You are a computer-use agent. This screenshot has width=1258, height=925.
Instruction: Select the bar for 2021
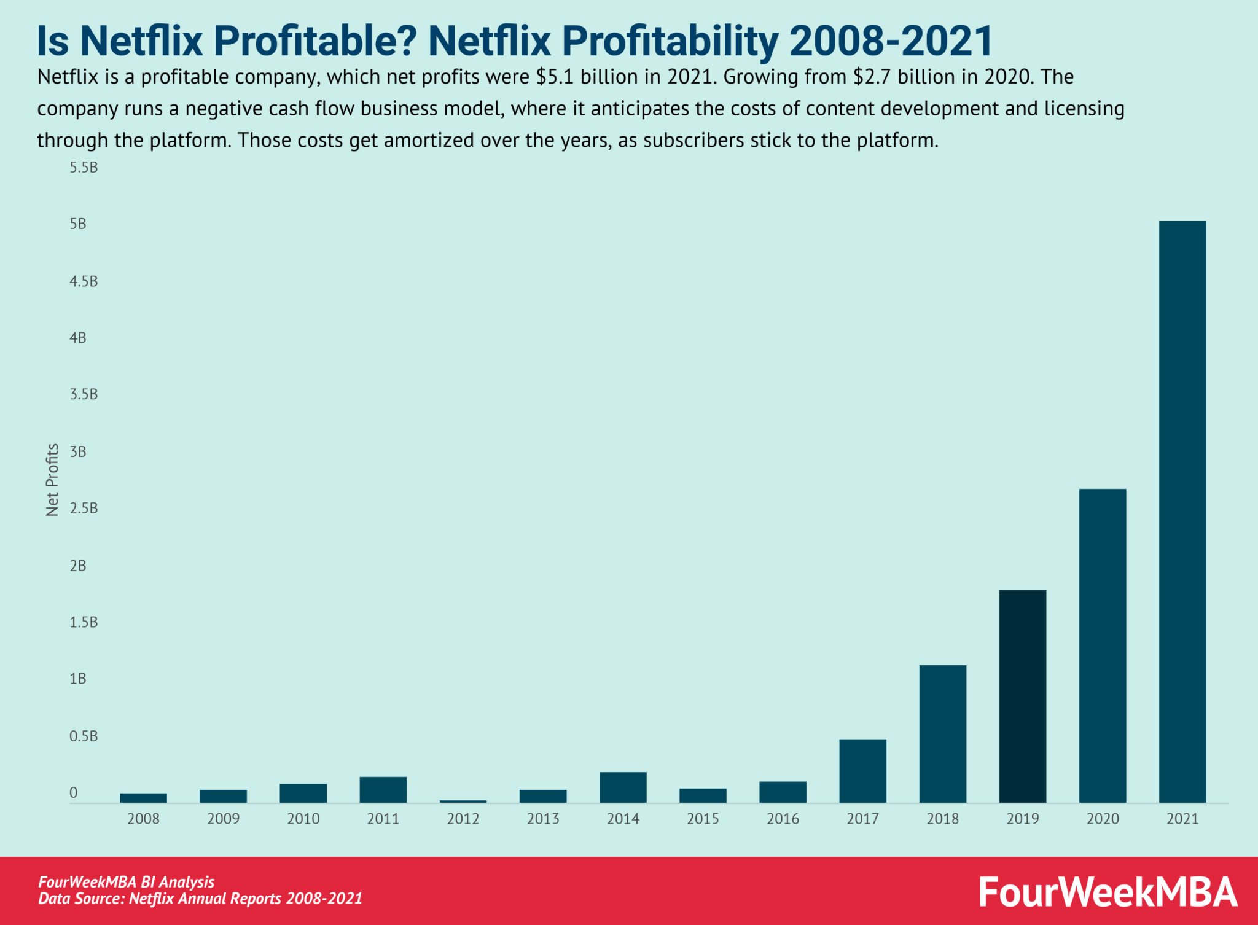click(x=1182, y=511)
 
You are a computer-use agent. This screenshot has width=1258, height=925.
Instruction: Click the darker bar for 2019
click(x=1022, y=696)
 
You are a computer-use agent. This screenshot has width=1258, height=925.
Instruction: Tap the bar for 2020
click(x=1102, y=645)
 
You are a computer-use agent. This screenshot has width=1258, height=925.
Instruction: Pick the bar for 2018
click(x=942, y=733)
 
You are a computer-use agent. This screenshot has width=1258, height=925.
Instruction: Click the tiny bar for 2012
click(x=463, y=801)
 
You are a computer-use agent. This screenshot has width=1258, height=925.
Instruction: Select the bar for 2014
click(x=623, y=787)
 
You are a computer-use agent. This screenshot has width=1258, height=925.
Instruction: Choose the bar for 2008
click(x=143, y=797)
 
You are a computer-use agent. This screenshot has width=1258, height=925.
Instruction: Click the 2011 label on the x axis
click(x=383, y=819)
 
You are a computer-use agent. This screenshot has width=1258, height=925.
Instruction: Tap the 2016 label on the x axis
click(x=783, y=819)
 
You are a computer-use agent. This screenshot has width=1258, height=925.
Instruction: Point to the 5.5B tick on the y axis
click(x=84, y=168)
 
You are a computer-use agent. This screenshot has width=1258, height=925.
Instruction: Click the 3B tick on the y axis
click(x=78, y=452)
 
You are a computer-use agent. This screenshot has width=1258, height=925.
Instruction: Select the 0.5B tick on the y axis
click(x=84, y=736)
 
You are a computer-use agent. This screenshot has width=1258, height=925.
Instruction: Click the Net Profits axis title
click(x=52, y=480)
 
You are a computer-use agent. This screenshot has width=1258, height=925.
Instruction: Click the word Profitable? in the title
click(x=315, y=41)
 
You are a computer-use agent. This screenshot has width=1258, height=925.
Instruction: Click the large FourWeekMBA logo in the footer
click(x=1108, y=892)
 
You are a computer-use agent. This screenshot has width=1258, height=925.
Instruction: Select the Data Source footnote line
click(x=200, y=899)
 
